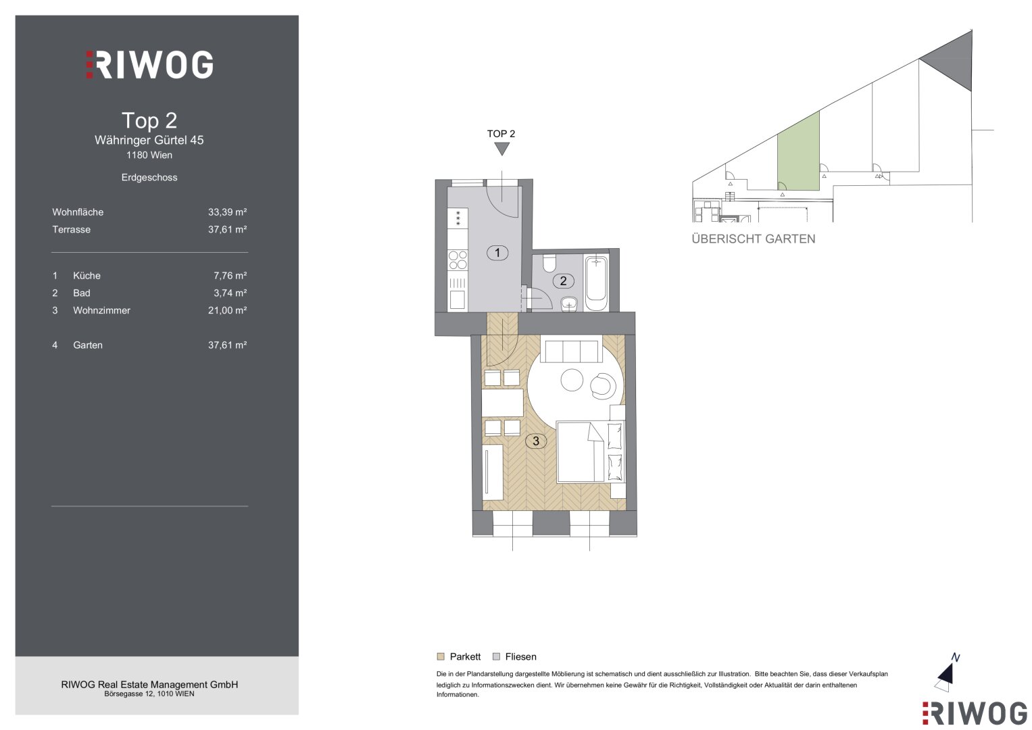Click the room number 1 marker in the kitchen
coord(497,253)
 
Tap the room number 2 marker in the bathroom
coord(563,281)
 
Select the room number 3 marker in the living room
coord(536,441)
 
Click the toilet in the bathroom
coord(549,263)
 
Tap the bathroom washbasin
coord(570,304)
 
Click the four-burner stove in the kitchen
coord(458,260)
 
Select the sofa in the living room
coord(571,351)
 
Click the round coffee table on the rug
coord(572,380)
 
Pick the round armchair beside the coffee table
coord(603,386)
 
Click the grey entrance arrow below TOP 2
coord(501,149)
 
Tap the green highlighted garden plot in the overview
coord(798,154)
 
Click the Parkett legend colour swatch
coord(441,656)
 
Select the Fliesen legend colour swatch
coord(496,656)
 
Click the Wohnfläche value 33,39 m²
coord(227,212)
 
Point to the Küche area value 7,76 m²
coord(230,276)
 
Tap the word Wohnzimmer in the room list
coord(102,310)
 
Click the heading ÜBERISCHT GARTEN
coord(754,239)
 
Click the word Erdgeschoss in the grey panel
coord(149,177)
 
